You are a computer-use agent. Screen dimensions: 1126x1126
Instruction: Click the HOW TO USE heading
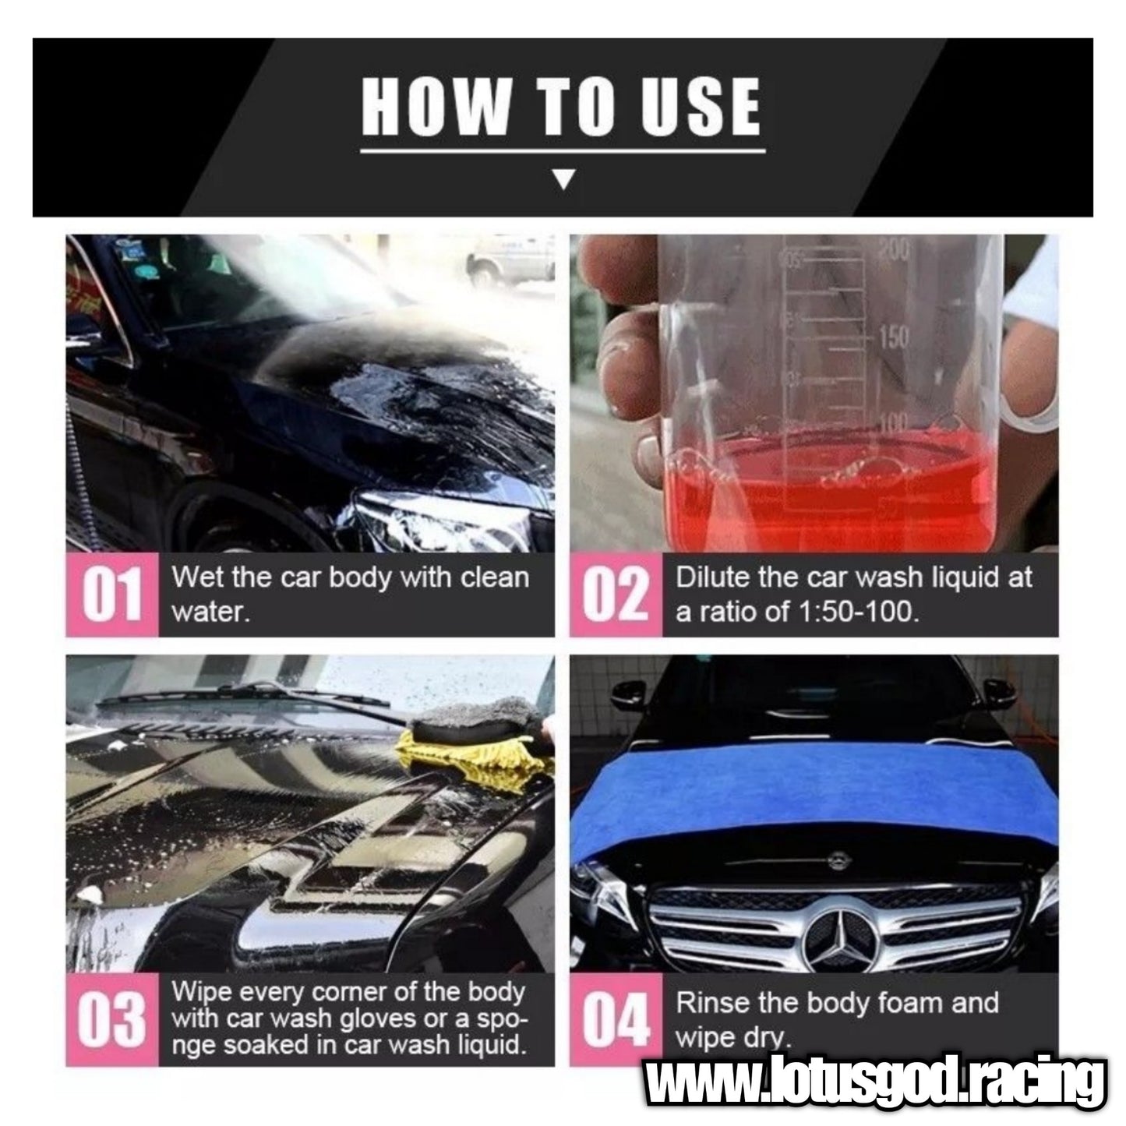(x=561, y=106)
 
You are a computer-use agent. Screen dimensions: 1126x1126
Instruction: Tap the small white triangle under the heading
(x=563, y=179)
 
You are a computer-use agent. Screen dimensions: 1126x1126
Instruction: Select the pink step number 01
(x=111, y=595)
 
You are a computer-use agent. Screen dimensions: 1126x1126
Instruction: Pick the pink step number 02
(x=616, y=595)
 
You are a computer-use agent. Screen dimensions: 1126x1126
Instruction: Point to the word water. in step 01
(x=211, y=612)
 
